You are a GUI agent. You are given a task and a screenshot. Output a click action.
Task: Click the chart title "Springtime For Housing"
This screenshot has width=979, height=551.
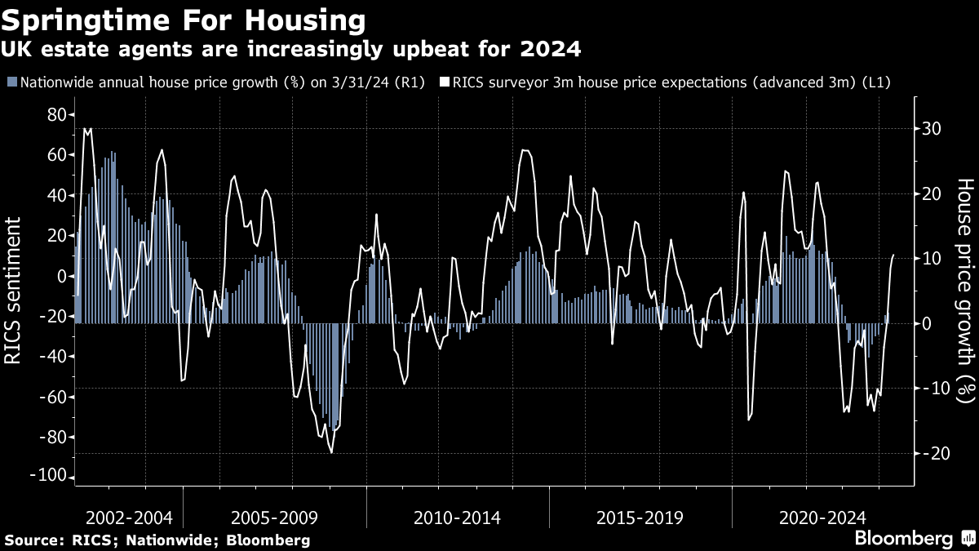[184, 19]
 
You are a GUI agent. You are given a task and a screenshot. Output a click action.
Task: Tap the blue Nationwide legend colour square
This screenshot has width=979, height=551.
[11, 82]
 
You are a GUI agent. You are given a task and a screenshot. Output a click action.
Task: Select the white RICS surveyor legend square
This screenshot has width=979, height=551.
[445, 82]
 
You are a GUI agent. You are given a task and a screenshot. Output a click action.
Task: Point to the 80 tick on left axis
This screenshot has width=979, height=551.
[55, 115]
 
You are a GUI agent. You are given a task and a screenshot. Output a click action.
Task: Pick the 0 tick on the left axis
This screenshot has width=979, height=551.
[60, 276]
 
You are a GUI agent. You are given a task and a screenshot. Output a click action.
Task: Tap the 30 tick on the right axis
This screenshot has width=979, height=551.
[932, 129]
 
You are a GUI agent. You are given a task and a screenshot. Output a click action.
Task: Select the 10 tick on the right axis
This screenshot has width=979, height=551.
[932, 259]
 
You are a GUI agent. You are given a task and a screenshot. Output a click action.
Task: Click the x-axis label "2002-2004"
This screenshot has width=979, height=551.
[129, 518]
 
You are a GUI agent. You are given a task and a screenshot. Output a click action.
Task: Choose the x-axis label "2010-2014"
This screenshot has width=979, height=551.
[457, 518]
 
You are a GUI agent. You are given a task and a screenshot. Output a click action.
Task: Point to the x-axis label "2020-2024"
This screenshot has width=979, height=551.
[822, 518]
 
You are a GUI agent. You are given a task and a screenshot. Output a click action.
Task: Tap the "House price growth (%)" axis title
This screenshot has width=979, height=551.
[964, 291]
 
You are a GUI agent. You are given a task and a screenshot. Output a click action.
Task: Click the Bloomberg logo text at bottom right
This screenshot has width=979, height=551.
[903, 539]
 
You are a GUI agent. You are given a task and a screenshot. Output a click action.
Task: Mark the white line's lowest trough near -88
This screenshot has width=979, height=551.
[331, 452]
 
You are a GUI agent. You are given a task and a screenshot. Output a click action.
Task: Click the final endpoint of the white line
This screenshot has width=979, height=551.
[893, 256]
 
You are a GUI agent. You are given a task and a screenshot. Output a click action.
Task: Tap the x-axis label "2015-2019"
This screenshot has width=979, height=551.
[640, 518]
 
